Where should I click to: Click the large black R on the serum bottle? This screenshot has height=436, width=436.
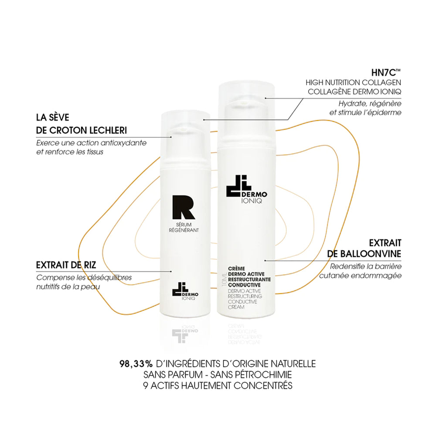(x=183, y=207)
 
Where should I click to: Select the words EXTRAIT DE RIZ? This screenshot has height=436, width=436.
(x=66, y=265)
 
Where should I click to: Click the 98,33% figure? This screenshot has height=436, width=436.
(x=136, y=364)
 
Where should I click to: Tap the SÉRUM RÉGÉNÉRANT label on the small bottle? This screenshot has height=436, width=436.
(x=184, y=228)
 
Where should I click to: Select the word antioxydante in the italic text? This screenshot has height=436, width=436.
(x=123, y=143)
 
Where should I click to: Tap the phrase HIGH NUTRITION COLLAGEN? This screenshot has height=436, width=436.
(x=354, y=82)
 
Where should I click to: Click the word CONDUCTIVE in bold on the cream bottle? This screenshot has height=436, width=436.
(x=244, y=285)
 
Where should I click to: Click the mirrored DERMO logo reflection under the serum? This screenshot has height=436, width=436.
(x=185, y=333)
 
